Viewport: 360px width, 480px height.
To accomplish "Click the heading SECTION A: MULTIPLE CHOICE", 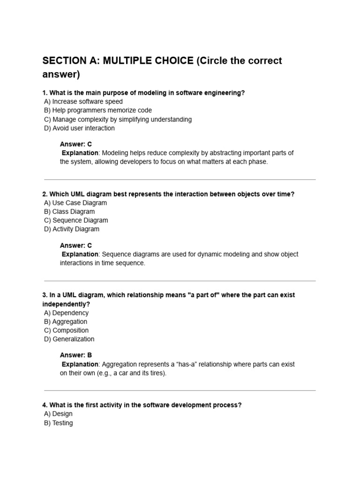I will click(x=118, y=61).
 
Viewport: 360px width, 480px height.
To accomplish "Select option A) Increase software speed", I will click(x=83, y=102).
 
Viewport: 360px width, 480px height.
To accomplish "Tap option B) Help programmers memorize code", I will click(x=98, y=111).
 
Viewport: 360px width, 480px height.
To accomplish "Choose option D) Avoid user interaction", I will click(x=79, y=128).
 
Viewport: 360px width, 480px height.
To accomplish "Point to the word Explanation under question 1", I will click(x=80, y=153).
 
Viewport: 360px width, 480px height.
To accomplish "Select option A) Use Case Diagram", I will click(x=75, y=203).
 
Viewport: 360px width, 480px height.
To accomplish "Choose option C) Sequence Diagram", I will click(x=76, y=220).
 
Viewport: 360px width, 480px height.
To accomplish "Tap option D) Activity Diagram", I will click(x=72, y=229).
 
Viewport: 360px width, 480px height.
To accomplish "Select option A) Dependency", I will click(x=66, y=313).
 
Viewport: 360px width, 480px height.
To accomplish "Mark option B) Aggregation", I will click(x=66, y=322).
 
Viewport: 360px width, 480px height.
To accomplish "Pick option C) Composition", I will click(x=66, y=330).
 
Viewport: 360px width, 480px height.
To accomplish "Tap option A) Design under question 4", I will click(x=59, y=414).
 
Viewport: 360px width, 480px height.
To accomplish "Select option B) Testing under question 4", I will click(x=59, y=423).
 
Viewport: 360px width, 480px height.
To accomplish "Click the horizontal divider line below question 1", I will click(x=180, y=180).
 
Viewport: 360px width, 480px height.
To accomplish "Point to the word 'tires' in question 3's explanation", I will click(x=157, y=373).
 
